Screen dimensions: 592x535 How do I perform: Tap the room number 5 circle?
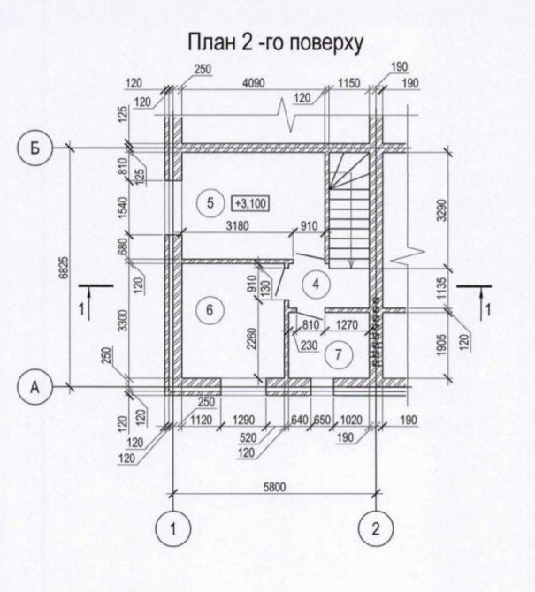tap(210, 203)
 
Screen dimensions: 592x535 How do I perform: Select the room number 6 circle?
tap(210, 310)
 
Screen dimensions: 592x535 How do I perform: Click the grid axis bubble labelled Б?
tap(34, 148)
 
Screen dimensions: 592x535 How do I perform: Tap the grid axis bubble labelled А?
tap(34, 386)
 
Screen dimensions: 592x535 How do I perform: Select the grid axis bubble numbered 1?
tap(173, 530)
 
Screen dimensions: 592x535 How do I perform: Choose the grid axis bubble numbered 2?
tap(376, 530)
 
